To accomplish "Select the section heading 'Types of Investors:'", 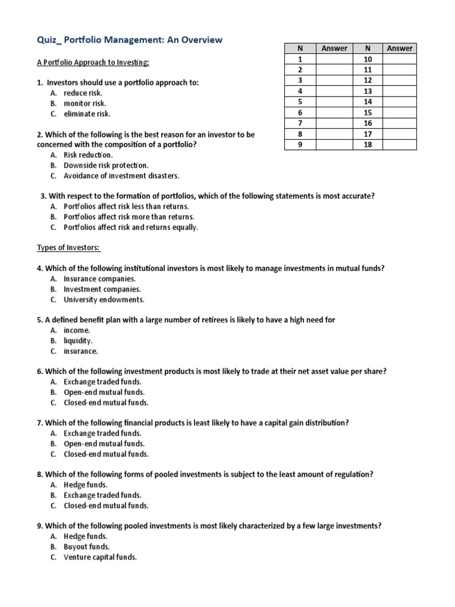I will pos(69,247).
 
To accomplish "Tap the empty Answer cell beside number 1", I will pos(334,59).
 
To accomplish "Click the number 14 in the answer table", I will pos(367,102).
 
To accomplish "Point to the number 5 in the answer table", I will pos(301,102).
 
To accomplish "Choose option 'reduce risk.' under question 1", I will pos(83,93).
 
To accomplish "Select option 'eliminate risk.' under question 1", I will pos(87,114).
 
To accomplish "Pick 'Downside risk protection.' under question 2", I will pos(106,165).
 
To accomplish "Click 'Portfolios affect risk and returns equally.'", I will pos(131,227).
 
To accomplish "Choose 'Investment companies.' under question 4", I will pos(102,289).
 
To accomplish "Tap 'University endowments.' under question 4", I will pos(104,300).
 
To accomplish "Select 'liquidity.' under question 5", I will pos(78,341).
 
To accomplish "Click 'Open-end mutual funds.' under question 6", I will pos(104,392).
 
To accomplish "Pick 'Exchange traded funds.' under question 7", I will pos(102,433).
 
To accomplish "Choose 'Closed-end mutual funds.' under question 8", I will pos(107,506).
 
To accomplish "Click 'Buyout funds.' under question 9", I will pos(86,547).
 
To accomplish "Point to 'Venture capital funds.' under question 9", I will pos(100,557).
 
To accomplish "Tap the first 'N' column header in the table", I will pos(301,48).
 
